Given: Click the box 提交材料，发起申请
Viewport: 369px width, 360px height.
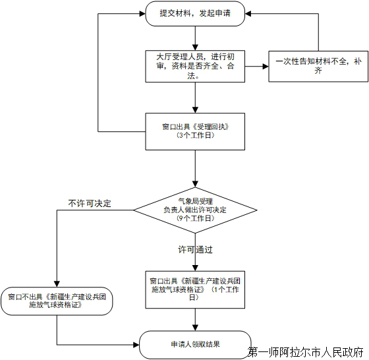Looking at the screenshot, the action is coord(195,13).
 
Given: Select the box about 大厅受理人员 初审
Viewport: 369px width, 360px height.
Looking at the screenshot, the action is coord(195,66).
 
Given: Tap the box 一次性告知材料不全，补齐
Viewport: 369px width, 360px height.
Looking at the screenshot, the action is coord(318,66).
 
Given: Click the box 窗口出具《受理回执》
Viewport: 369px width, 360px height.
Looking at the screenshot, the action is coord(195,131).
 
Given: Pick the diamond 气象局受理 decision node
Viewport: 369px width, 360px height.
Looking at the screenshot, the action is coord(195,210).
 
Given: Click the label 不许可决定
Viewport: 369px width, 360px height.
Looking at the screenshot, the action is coord(90,203).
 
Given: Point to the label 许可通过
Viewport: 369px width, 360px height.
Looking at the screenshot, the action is coord(195,249).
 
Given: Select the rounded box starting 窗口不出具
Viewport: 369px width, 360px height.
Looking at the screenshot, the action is coord(57,301).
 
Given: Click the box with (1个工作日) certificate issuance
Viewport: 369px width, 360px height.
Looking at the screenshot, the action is coord(195,289).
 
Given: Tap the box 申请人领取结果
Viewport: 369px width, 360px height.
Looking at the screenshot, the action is coord(195,345).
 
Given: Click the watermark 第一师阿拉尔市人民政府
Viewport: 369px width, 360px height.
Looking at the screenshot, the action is coord(306,352).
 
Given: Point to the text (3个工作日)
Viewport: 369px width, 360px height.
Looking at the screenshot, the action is coord(195,135).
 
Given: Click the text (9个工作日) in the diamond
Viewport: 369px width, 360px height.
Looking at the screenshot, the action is coord(195,218).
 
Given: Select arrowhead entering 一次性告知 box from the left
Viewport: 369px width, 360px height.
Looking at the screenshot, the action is coord(266,67).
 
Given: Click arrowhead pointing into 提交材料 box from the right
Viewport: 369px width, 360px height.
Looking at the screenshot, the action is coord(248,14).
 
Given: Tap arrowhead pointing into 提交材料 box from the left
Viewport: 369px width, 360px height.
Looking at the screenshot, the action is coord(142,14).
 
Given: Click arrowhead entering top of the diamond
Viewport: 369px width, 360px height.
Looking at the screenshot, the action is coord(195,184).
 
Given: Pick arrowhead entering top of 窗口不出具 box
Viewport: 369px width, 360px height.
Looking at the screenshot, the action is coord(57,284).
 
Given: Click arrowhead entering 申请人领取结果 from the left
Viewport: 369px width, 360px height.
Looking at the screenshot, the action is coord(136,345).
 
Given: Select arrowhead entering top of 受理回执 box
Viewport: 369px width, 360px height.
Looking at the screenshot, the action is coord(195,110).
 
